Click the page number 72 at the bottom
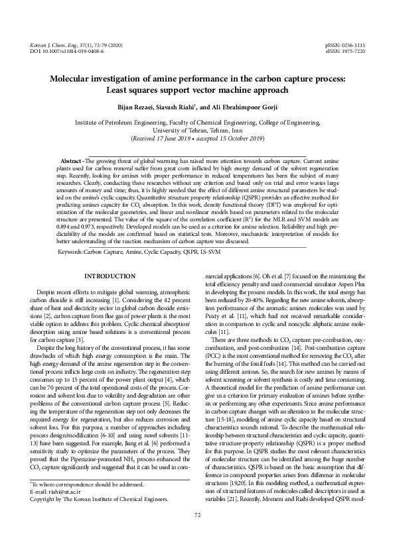tap(197, 533)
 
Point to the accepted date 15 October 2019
tap(236, 139)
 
